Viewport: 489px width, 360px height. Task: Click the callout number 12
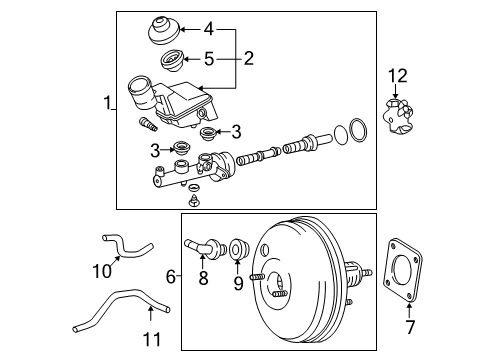pos(398,76)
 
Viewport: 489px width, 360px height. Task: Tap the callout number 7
pos(410,327)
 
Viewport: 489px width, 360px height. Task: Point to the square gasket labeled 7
pos(402,270)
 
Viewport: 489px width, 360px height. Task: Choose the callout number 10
pos(102,271)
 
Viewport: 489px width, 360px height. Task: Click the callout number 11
pos(152,339)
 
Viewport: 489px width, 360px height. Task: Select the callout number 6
pos(171,277)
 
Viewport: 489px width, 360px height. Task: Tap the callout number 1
pos(107,102)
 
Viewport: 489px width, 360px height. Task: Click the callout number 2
pos(249,58)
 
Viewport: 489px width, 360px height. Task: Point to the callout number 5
pos(209,59)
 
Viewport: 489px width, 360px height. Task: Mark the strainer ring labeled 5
pos(170,60)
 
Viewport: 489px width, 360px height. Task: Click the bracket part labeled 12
pos(399,117)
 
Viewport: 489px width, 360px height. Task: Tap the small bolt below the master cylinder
pos(193,201)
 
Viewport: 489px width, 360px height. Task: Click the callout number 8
pos(203,277)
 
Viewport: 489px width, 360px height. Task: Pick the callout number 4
pos(209,29)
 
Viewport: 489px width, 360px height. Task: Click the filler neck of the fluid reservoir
pos(141,92)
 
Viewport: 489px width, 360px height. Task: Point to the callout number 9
pos(238,283)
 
